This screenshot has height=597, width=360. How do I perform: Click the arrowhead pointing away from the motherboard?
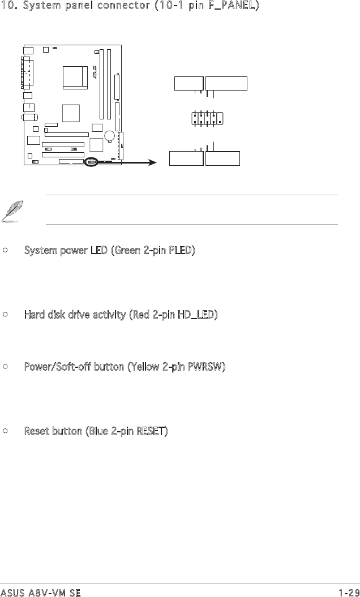click(x=152, y=163)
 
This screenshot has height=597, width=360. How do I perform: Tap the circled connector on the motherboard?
click(x=91, y=162)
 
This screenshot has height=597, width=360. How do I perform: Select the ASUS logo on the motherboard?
click(x=95, y=74)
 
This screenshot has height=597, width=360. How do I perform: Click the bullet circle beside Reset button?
click(x=5, y=432)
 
